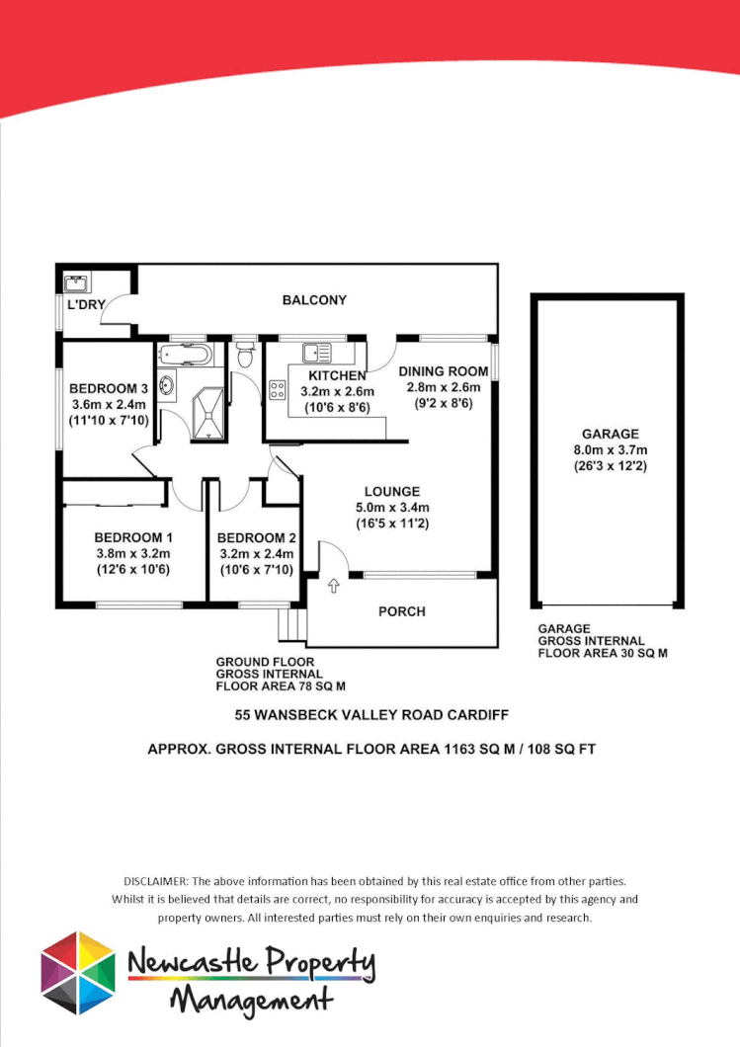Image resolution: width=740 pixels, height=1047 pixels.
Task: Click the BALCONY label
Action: [x=314, y=300]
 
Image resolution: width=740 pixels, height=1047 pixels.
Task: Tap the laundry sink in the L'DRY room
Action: [x=75, y=284]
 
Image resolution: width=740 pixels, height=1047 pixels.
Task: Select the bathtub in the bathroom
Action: [x=185, y=354]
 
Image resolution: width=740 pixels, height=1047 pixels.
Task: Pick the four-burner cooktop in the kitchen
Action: [x=278, y=389]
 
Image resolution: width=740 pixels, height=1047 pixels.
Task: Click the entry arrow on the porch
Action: [x=333, y=587]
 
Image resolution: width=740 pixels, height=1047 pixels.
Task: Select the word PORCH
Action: [x=402, y=611]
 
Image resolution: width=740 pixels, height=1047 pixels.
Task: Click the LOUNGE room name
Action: [x=391, y=491]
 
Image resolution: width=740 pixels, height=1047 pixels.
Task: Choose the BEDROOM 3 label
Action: [x=109, y=387]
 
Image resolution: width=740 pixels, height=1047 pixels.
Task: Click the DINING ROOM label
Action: [x=444, y=371]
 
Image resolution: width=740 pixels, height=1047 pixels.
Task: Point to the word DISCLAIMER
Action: [x=155, y=880]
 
